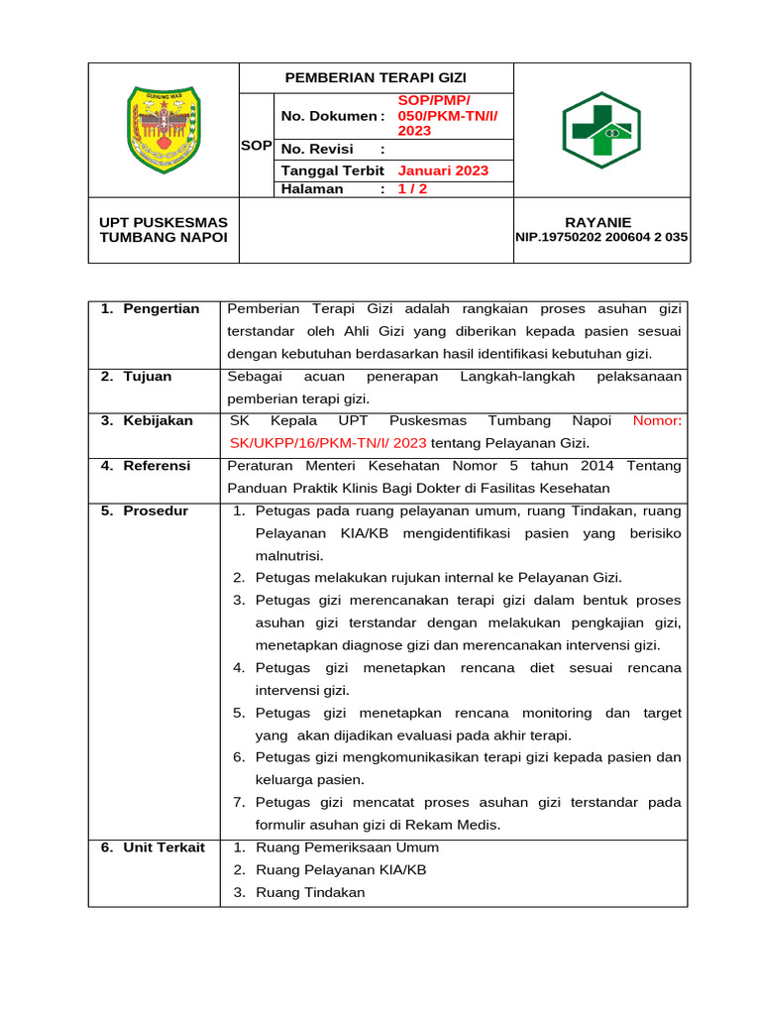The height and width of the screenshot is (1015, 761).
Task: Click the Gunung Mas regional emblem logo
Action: [163, 125]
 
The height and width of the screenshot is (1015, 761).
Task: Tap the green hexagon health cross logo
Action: [600, 130]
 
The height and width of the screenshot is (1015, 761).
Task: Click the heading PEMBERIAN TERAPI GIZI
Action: [376, 77]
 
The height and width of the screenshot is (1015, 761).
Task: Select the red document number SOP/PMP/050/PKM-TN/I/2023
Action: [447, 116]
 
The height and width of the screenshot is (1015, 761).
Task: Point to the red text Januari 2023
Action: [443, 170]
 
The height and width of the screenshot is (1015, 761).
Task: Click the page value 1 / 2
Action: [412, 188]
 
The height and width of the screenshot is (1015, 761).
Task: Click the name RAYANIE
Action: [598, 222]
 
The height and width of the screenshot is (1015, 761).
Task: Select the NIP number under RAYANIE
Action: [601, 238]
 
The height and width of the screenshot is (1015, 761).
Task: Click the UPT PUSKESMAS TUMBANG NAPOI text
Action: [163, 230]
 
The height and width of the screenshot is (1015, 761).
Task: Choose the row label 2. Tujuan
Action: [137, 377]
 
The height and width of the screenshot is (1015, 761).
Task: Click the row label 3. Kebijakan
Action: [148, 421]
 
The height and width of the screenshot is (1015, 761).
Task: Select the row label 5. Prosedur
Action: [145, 511]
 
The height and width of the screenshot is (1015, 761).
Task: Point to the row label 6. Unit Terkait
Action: [154, 847]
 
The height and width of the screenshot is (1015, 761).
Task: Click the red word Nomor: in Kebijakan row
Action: [657, 421]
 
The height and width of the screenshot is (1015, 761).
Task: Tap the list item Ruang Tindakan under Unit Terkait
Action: [310, 892]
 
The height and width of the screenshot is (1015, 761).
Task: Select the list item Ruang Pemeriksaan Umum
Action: [347, 847]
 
